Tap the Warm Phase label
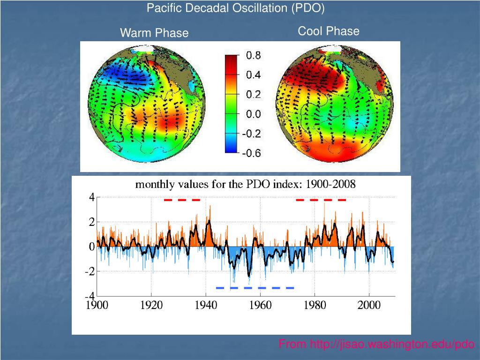point(154,33)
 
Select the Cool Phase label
point(329,31)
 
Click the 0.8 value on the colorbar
point(254,55)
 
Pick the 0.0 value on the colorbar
point(254,114)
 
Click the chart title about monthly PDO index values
point(245,184)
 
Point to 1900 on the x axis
point(97,306)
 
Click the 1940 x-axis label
point(206,306)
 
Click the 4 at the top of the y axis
point(92,198)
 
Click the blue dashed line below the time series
point(255,288)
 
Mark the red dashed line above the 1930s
point(182,200)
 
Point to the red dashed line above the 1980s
point(321,200)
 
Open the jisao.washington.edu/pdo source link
point(376,345)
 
